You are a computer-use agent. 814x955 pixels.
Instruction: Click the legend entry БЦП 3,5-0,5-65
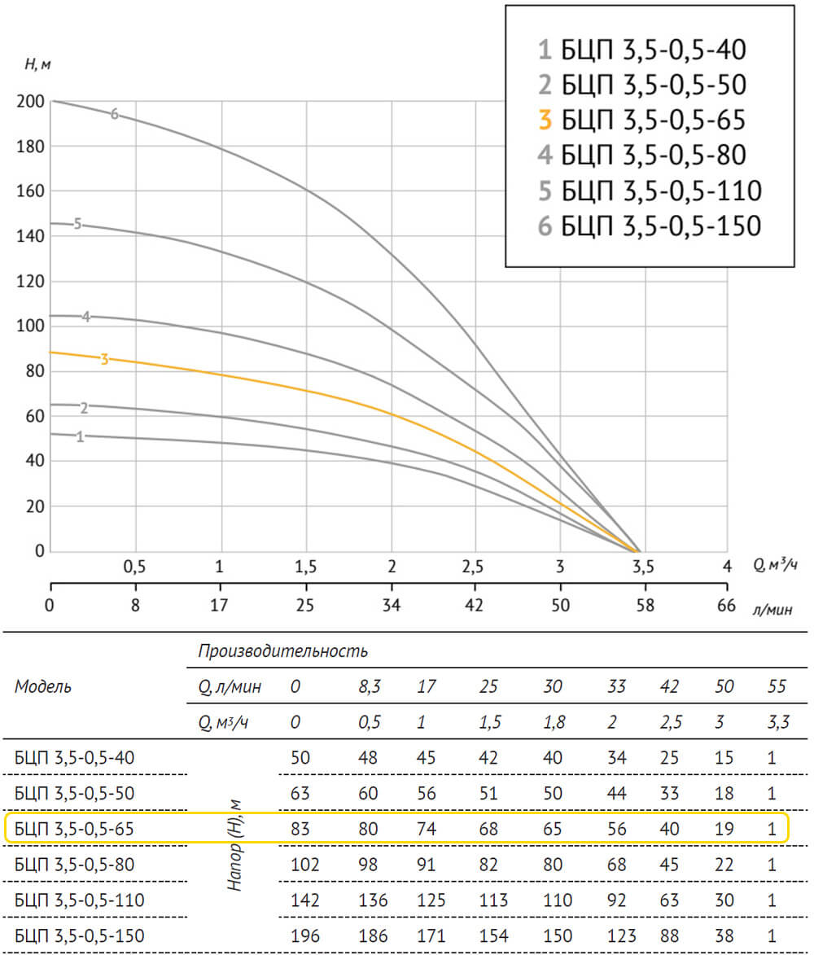[x=641, y=120]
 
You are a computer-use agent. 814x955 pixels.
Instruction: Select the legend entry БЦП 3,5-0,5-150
[x=650, y=226]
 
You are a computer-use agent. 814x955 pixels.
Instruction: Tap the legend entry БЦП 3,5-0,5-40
[x=641, y=51]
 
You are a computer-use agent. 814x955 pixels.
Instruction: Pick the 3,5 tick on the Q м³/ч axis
[x=642, y=567]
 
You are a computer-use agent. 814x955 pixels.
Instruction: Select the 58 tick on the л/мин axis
[x=643, y=606]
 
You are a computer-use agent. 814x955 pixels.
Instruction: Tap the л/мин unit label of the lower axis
[x=772, y=610]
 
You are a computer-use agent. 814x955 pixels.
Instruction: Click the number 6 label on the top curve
[x=115, y=114]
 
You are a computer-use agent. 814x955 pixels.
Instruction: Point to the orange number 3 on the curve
[x=104, y=359]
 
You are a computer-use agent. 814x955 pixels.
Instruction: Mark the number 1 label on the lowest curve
[x=80, y=437]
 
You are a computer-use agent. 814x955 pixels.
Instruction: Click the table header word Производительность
[x=282, y=651]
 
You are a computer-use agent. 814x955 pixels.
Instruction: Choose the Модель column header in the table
[x=43, y=686]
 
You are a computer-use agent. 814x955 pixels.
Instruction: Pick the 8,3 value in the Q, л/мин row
[x=370, y=687]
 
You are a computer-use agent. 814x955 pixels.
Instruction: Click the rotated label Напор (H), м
[x=236, y=843]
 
